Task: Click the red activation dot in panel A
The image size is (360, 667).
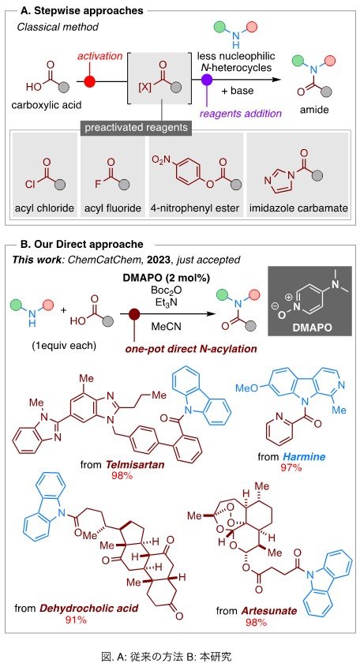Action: (89, 81)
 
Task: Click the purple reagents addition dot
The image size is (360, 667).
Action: (207, 80)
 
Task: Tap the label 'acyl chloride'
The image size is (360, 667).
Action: (45, 209)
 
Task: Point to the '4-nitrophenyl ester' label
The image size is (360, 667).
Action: (196, 209)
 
